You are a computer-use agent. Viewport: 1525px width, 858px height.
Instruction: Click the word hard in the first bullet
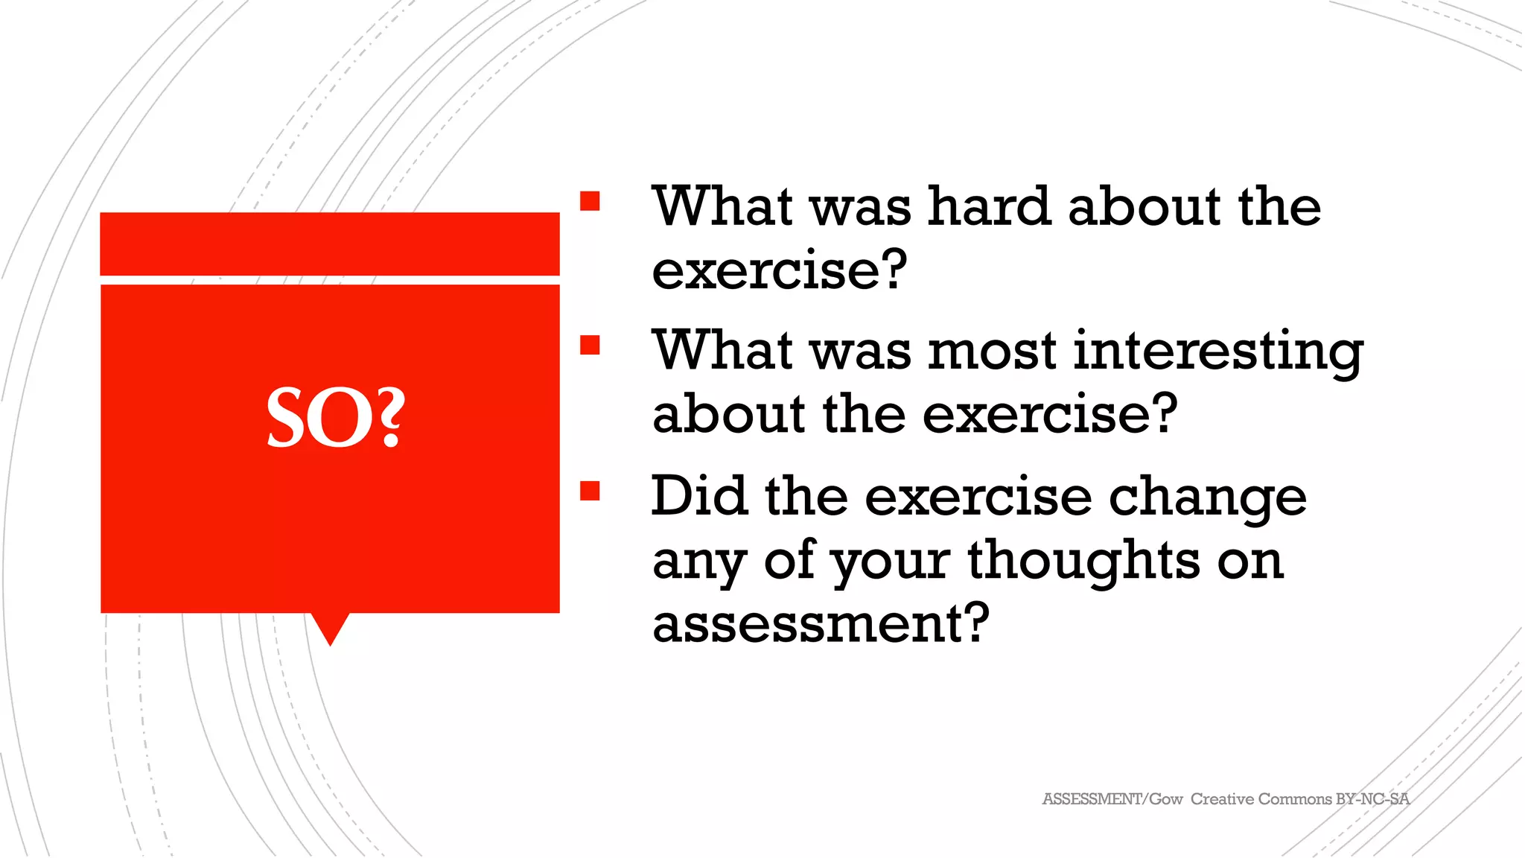(988, 206)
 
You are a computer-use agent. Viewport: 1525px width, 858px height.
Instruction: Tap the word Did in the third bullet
(698, 496)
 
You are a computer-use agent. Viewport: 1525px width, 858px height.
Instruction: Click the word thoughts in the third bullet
(1083, 559)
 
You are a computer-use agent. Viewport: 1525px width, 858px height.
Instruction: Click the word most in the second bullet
(992, 351)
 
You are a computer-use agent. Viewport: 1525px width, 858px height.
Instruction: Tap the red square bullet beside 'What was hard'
(590, 201)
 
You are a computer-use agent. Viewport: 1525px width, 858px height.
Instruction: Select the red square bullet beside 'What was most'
(590, 345)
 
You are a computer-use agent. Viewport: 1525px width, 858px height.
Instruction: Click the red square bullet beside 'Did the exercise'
(590, 491)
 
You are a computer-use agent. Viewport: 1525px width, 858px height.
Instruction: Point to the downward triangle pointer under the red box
(330, 627)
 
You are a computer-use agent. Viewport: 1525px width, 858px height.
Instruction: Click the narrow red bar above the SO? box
(330, 244)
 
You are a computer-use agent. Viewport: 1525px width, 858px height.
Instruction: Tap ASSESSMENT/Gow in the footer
(1112, 799)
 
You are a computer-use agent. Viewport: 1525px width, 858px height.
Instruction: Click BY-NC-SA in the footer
(1372, 799)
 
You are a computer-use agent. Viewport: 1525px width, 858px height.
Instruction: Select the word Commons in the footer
(1295, 799)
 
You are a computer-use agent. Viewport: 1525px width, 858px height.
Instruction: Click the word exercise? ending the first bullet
(780, 270)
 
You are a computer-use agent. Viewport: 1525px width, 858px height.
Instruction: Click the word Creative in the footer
(1222, 799)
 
